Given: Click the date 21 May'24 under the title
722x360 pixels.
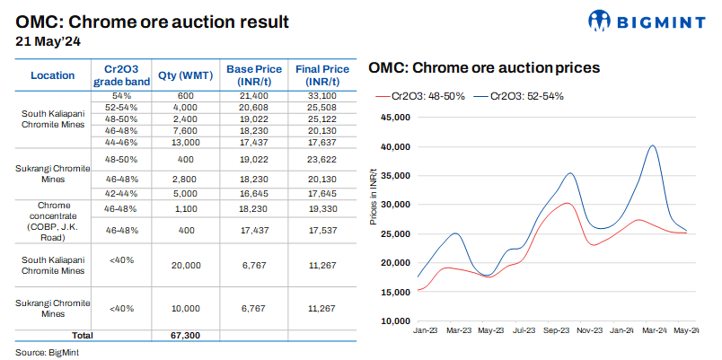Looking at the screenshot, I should click(50, 40).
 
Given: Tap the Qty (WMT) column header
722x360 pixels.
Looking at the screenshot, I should click(185, 75).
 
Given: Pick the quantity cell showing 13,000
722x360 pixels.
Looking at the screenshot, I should click(185, 141).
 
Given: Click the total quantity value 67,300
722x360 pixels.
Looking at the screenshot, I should click(185, 335).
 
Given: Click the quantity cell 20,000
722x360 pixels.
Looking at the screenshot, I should click(185, 265).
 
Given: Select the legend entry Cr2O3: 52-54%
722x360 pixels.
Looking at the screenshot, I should click(524, 96).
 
